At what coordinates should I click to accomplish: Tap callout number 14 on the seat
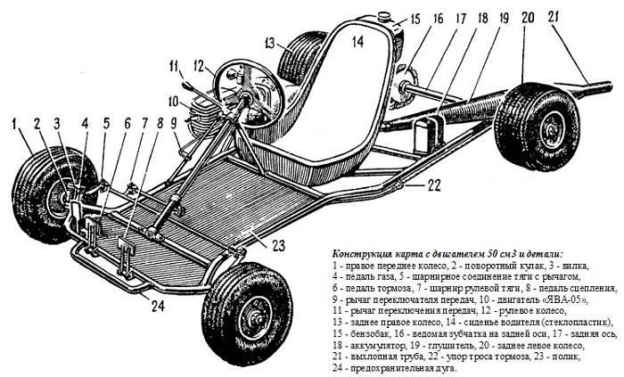point(355,39)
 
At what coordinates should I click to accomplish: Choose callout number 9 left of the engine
point(175,124)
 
